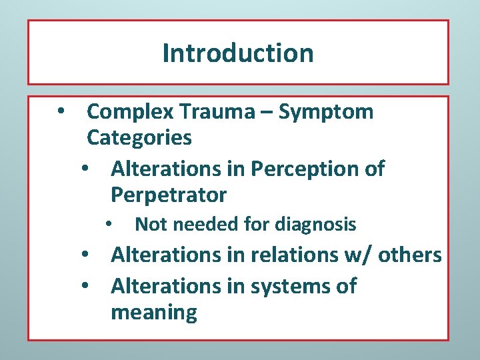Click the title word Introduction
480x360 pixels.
(x=237, y=53)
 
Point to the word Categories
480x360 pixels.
(x=139, y=138)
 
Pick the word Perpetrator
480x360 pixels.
(x=169, y=195)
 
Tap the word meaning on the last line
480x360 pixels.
(x=154, y=312)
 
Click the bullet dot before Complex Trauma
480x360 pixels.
(x=61, y=111)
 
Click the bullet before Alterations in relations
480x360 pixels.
(x=85, y=255)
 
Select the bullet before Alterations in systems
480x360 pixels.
(x=85, y=286)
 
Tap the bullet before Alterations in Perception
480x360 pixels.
(x=85, y=169)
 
